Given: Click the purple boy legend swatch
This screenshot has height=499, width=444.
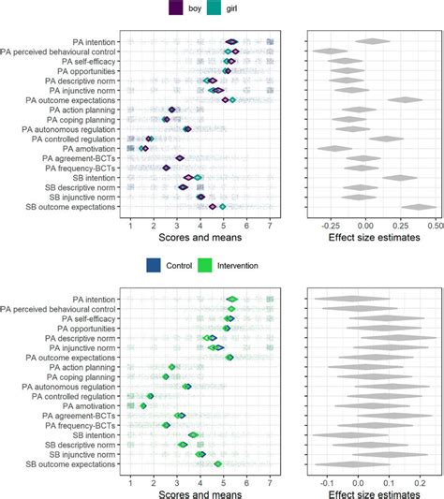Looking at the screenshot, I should (176, 9).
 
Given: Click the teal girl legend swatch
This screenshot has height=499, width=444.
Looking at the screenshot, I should (213, 9).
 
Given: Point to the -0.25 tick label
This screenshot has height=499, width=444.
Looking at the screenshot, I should (329, 225).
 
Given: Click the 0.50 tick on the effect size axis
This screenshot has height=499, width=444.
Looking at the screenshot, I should (435, 225).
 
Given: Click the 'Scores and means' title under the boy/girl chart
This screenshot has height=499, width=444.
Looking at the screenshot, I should (199, 239).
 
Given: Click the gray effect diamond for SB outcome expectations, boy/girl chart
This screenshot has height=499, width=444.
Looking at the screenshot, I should (419, 207).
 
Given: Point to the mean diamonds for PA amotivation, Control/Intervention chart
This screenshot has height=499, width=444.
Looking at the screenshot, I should (143, 405).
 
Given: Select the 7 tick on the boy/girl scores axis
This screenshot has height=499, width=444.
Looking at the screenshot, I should (270, 225).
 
